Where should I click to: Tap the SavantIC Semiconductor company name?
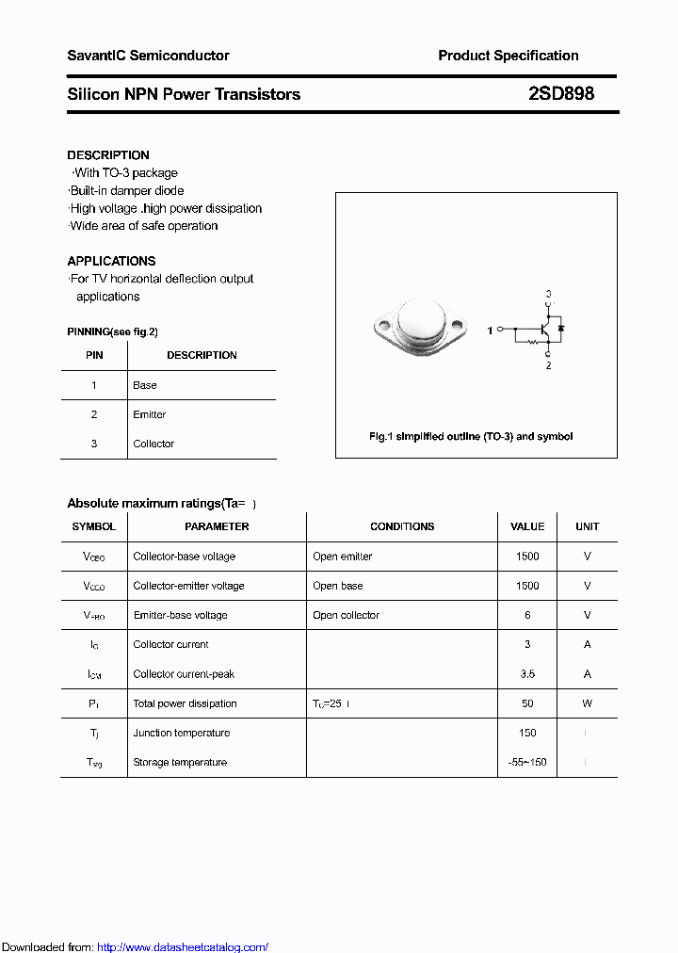[x=148, y=56]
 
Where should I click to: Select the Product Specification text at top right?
[x=508, y=56]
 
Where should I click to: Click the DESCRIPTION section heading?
[x=108, y=154]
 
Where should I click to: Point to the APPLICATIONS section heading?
[x=111, y=261]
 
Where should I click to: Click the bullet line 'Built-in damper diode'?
[x=127, y=190]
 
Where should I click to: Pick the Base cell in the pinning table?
[x=145, y=385]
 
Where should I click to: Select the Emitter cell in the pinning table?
[x=149, y=414]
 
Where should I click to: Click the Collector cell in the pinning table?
[x=153, y=444]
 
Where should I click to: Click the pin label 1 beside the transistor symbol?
[x=491, y=331]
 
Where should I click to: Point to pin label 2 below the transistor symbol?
[x=548, y=365]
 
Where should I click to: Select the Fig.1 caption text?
[x=470, y=436]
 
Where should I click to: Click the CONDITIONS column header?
[x=402, y=526]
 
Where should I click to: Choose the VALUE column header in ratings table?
[x=527, y=526]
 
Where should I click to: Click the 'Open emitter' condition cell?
[x=343, y=557]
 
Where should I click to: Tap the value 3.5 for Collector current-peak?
[x=527, y=674]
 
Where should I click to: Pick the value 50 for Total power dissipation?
[x=527, y=703]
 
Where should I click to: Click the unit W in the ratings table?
[x=588, y=703]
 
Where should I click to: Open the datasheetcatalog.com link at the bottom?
[x=183, y=947]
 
